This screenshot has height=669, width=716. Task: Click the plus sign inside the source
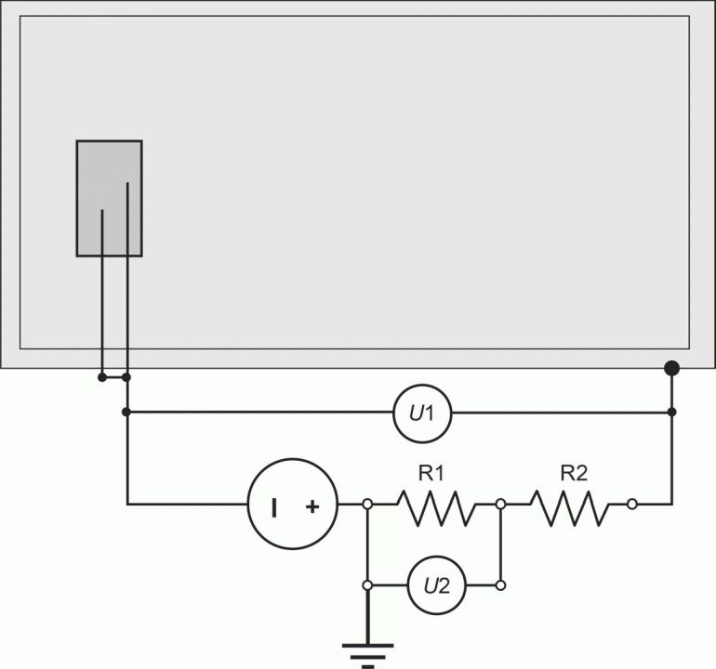312,506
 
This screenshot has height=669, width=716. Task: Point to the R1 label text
431,474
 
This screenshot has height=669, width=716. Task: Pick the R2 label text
574,473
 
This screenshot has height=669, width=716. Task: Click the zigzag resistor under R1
436,508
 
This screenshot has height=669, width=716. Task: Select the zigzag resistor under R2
570,508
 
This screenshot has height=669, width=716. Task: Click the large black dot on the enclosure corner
671,368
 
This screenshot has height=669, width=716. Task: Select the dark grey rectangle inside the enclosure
109,199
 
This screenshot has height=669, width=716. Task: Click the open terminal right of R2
632,505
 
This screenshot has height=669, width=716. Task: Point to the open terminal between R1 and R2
500,505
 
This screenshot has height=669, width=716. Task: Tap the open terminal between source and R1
367,505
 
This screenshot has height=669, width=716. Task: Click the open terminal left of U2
367,585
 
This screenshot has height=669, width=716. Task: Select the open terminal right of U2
500,585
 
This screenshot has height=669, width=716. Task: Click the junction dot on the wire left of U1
126,412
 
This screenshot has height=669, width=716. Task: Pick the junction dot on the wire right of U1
671,412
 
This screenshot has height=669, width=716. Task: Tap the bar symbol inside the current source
274,507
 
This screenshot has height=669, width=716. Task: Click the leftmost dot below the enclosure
102,377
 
